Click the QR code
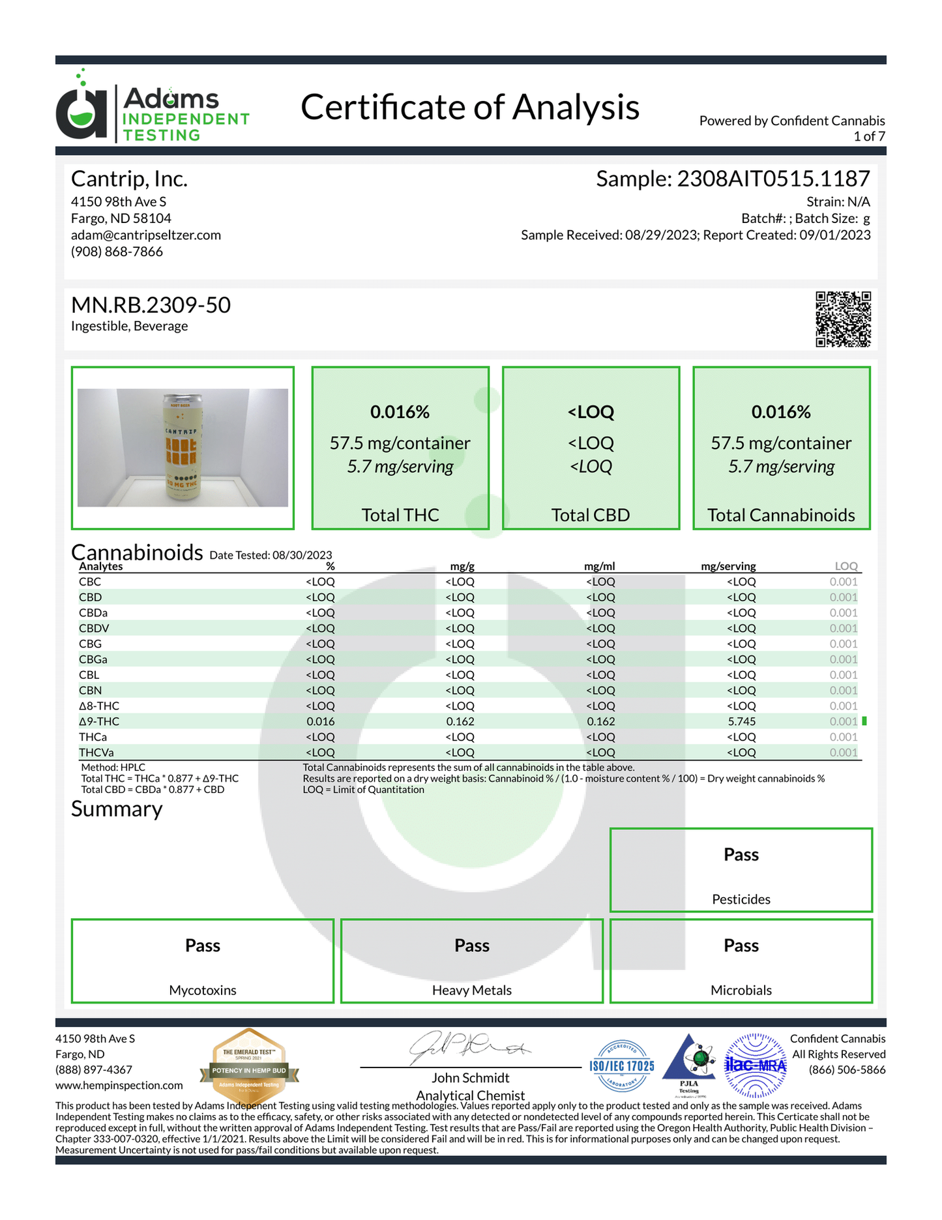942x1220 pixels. (x=843, y=319)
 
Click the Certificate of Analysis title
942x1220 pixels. (x=469, y=108)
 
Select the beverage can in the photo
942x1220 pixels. (x=182, y=447)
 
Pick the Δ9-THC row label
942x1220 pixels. (x=99, y=721)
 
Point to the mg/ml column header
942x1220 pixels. (x=599, y=566)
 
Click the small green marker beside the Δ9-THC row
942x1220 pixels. (x=864, y=721)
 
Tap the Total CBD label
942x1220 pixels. (x=591, y=515)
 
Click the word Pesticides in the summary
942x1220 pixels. (x=741, y=899)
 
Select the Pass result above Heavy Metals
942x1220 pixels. (x=471, y=945)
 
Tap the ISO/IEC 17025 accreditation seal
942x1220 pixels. (x=622, y=1066)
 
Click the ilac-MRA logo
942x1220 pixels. (x=756, y=1065)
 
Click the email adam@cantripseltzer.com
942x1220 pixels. (x=146, y=235)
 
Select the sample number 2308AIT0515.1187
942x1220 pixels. (x=773, y=179)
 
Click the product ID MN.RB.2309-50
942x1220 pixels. (x=151, y=305)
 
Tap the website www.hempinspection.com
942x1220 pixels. (x=119, y=1085)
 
